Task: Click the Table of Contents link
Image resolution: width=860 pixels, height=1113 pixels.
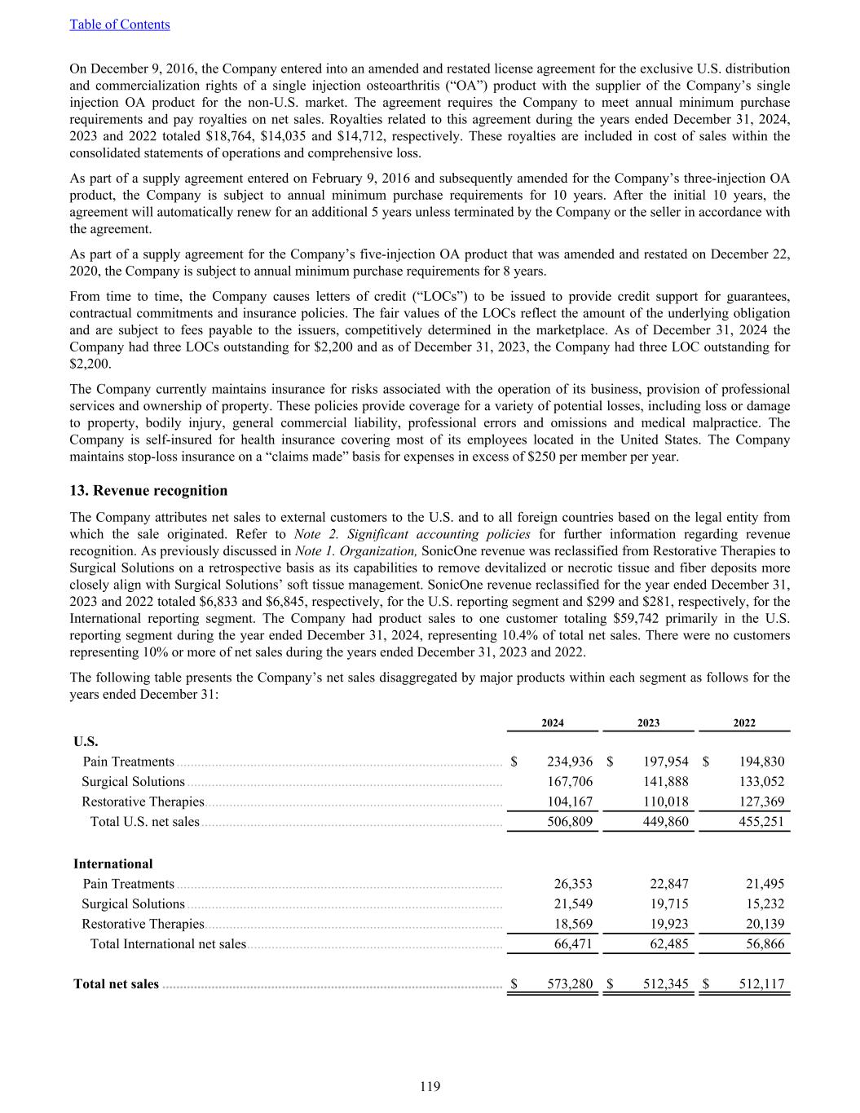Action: click(x=120, y=24)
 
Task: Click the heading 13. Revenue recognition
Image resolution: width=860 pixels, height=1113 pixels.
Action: click(x=148, y=490)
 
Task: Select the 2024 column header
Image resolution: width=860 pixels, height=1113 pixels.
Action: click(x=553, y=722)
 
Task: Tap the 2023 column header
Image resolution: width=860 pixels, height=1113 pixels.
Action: click(x=648, y=722)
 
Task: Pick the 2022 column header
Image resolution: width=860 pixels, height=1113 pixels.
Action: click(x=744, y=722)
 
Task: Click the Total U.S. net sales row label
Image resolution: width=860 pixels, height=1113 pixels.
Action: click(x=144, y=821)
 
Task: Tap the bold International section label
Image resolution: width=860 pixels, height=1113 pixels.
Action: click(x=113, y=863)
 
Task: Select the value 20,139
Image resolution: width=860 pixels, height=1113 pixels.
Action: click(x=765, y=924)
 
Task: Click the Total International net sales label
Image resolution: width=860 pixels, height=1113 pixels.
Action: click(x=167, y=943)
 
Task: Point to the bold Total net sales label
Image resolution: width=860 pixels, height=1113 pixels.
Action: click(x=116, y=984)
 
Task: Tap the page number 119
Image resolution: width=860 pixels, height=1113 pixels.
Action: click(x=430, y=1086)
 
